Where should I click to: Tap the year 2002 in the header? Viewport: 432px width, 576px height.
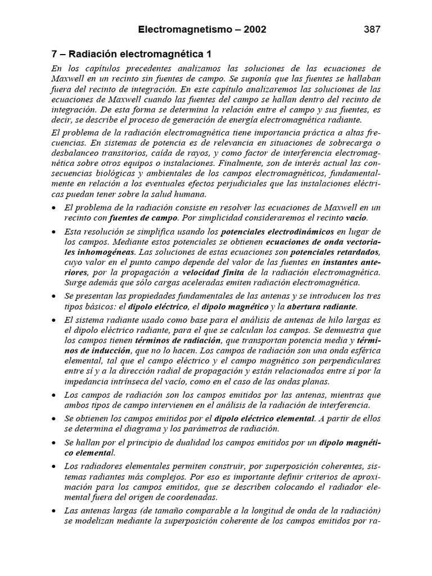pyautogui.click(x=251, y=29)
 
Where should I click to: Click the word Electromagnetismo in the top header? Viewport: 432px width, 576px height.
pyautogui.click(x=181, y=29)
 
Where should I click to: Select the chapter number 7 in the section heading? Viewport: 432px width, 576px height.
pyautogui.click(x=55, y=54)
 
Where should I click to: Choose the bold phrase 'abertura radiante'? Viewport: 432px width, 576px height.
pyautogui.click(x=321, y=307)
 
